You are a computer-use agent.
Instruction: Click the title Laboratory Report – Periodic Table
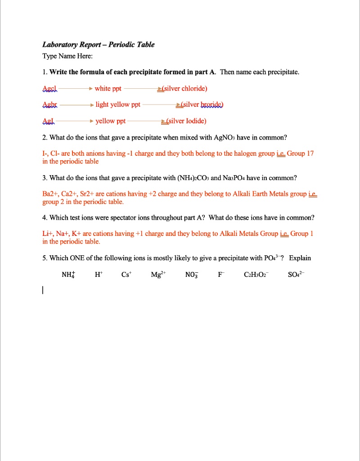[x=98, y=45]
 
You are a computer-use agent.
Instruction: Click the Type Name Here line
[x=67, y=56]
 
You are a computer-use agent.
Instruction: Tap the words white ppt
[x=108, y=88]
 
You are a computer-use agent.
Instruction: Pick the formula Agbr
[x=50, y=104]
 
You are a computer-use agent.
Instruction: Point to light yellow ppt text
[x=118, y=104]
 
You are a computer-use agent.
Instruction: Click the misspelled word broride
[x=211, y=104]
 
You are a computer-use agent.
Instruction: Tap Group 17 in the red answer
[x=300, y=154]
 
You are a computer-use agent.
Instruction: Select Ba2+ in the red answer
[x=48, y=194]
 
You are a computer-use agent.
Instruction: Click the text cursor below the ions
[x=43, y=291]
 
